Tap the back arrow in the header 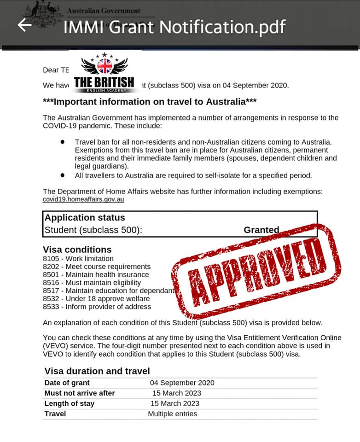click(x=24, y=25)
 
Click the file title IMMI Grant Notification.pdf click(x=174, y=26)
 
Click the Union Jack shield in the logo click(x=105, y=66)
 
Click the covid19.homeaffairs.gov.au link click(x=83, y=200)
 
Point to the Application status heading click(x=85, y=218)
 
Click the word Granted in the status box click(x=261, y=230)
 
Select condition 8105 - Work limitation click(x=78, y=259)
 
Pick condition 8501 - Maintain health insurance click(x=96, y=275)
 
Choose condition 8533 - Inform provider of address click(x=97, y=307)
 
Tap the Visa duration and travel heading click(x=97, y=371)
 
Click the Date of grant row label click(x=67, y=383)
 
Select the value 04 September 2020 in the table click(x=182, y=383)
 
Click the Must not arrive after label click(x=80, y=393)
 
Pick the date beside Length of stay click(x=175, y=403)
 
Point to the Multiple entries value click(x=172, y=414)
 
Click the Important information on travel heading click(x=149, y=101)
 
